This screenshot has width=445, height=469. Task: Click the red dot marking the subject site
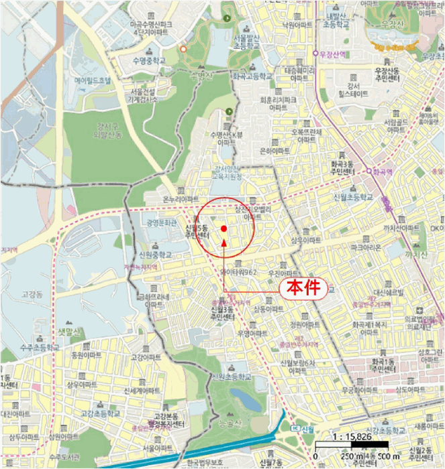coord(224,229)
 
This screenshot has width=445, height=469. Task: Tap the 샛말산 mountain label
coord(68,331)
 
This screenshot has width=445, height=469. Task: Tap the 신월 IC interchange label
coord(304,429)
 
